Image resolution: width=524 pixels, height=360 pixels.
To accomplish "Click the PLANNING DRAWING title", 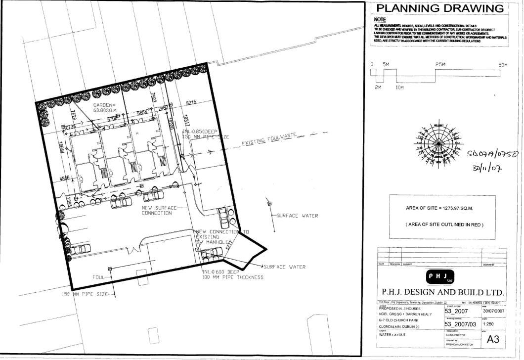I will [x=440, y=8].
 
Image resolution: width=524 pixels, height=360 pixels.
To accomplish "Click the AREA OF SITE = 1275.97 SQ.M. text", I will [x=439, y=208].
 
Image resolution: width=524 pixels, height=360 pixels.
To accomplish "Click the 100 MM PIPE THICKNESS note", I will [x=232, y=277].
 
